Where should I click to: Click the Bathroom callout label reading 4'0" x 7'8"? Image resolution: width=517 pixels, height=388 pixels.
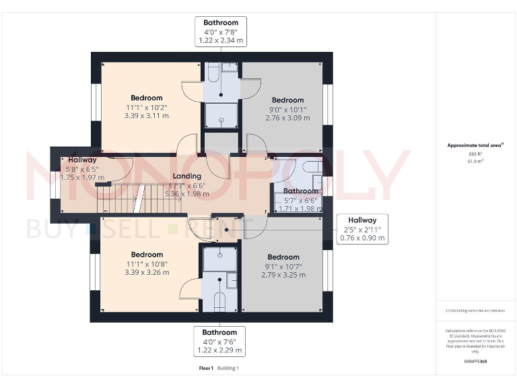(x=220, y=32)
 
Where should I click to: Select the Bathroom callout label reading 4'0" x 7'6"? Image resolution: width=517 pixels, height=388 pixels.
(x=219, y=342)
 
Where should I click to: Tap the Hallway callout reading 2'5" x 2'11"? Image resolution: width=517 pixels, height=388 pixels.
(x=361, y=229)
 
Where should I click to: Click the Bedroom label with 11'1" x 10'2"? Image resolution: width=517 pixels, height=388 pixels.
(x=146, y=106)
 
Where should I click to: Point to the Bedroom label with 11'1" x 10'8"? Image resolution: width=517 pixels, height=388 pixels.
(x=147, y=263)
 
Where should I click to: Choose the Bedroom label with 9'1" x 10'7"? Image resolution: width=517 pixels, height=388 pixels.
(x=283, y=265)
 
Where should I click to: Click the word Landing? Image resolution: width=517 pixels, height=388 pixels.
(x=186, y=176)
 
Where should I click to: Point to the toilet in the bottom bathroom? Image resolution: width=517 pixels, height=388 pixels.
(x=219, y=302)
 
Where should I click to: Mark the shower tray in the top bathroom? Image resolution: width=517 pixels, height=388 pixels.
(x=220, y=115)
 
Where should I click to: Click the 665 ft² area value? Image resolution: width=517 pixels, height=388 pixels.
(x=475, y=154)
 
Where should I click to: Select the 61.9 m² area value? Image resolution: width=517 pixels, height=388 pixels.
(x=475, y=162)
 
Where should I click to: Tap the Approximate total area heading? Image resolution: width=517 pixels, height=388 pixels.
(x=475, y=145)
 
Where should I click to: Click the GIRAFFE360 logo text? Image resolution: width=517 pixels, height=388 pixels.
(x=475, y=362)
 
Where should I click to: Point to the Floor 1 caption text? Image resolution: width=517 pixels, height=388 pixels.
(x=206, y=368)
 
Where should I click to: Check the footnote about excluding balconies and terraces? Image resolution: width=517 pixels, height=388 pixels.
(x=475, y=311)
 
